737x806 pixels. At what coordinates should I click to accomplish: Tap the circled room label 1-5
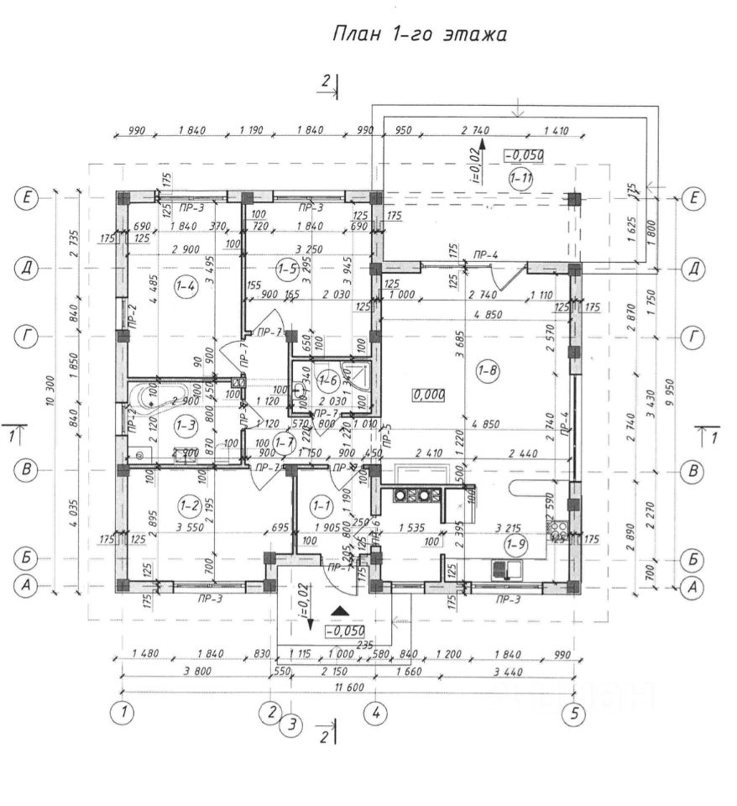click(287, 269)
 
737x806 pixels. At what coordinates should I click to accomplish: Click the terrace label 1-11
click(522, 178)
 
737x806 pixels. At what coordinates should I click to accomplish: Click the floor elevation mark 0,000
click(429, 394)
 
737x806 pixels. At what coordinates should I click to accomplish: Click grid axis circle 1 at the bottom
click(123, 714)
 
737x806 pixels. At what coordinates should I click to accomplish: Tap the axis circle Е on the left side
click(28, 198)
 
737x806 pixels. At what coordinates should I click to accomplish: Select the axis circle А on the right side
click(693, 589)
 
